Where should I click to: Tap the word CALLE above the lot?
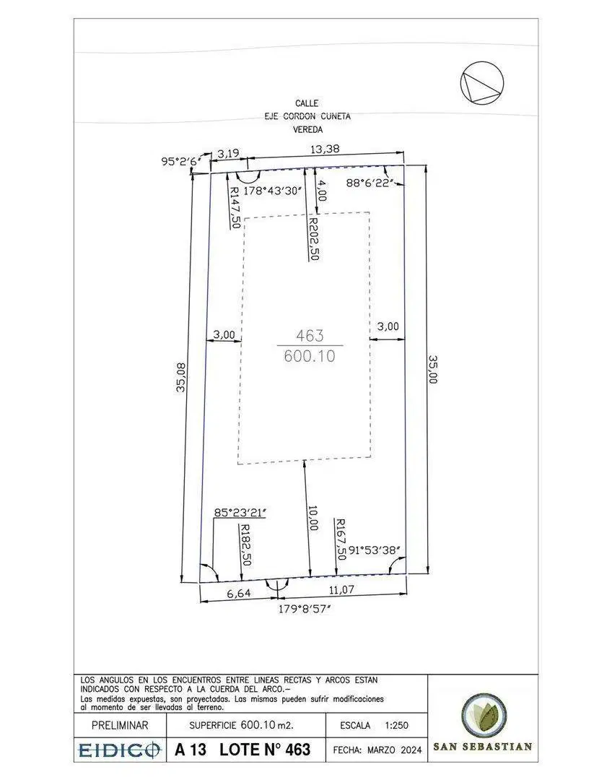(x=307, y=103)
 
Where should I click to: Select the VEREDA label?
(x=307, y=130)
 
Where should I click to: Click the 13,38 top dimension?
(x=325, y=149)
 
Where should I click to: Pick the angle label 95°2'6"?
(x=180, y=162)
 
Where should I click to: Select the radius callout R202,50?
(x=313, y=238)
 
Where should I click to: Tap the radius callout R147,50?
(x=235, y=207)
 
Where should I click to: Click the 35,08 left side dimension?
(x=181, y=376)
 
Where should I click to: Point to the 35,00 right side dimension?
(x=432, y=368)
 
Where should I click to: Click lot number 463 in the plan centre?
(x=310, y=336)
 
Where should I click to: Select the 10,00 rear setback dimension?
(x=312, y=518)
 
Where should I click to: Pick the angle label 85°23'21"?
(x=240, y=512)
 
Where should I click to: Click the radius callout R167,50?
(x=341, y=539)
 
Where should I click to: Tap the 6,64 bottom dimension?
(x=239, y=594)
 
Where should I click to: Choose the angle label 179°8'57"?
(x=305, y=609)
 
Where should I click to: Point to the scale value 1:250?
(x=396, y=725)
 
